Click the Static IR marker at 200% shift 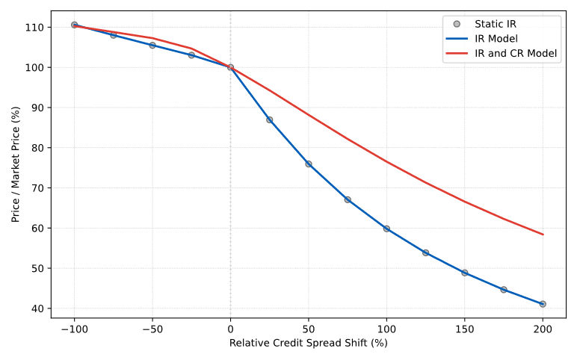click(x=543, y=304)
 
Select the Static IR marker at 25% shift click(x=269, y=120)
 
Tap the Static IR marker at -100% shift click(x=74, y=25)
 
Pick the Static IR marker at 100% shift click(x=386, y=229)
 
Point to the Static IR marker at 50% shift click(x=308, y=164)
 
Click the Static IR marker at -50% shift click(x=152, y=45)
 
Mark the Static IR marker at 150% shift click(x=464, y=273)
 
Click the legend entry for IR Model click(x=497, y=38)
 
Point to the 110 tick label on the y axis click(x=34, y=28)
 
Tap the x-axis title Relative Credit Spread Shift click(x=308, y=344)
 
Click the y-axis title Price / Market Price click(x=15, y=164)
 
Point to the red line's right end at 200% click(x=543, y=235)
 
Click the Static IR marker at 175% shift click(x=504, y=290)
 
